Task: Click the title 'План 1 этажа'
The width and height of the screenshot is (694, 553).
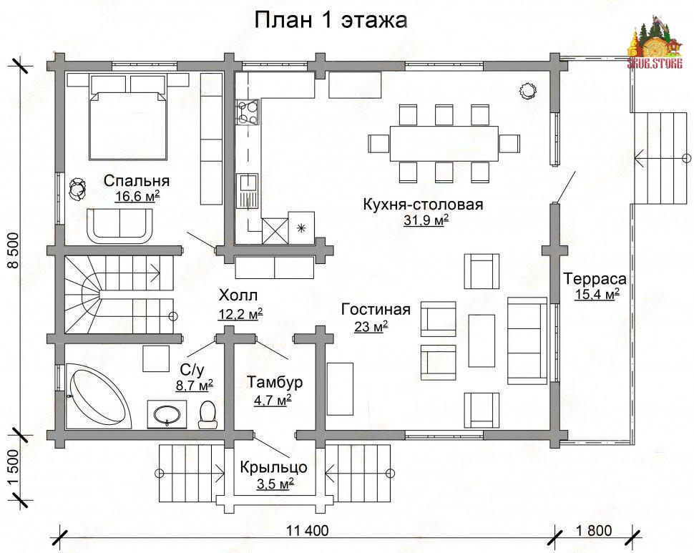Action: pos(331,20)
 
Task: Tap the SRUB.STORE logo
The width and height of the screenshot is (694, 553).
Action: pos(654,43)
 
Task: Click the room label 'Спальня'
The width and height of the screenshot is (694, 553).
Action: pos(137,181)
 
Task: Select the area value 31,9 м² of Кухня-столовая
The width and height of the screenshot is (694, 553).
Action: pos(426,220)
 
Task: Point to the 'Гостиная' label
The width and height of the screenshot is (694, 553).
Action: pos(376,309)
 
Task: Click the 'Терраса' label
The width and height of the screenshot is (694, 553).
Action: pos(595,279)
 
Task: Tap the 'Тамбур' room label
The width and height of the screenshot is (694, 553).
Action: pos(275,381)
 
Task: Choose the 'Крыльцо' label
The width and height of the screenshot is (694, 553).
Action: pos(273,467)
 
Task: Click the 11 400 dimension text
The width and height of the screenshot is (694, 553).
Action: pos(308,530)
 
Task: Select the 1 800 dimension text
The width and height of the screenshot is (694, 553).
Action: pos(594,530)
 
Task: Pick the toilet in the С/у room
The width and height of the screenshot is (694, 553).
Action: pos(207,414)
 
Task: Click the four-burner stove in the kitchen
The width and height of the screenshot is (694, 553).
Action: pos(248,112)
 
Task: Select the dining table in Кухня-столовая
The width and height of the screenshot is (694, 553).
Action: pos(444,143)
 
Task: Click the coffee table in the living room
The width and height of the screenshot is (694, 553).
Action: pos(482,341)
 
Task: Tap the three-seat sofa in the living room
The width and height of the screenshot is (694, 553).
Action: pos(527,341)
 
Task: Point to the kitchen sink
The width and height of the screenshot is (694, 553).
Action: pos(248,191)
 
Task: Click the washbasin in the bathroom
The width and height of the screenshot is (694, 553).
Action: pos(167,415)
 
